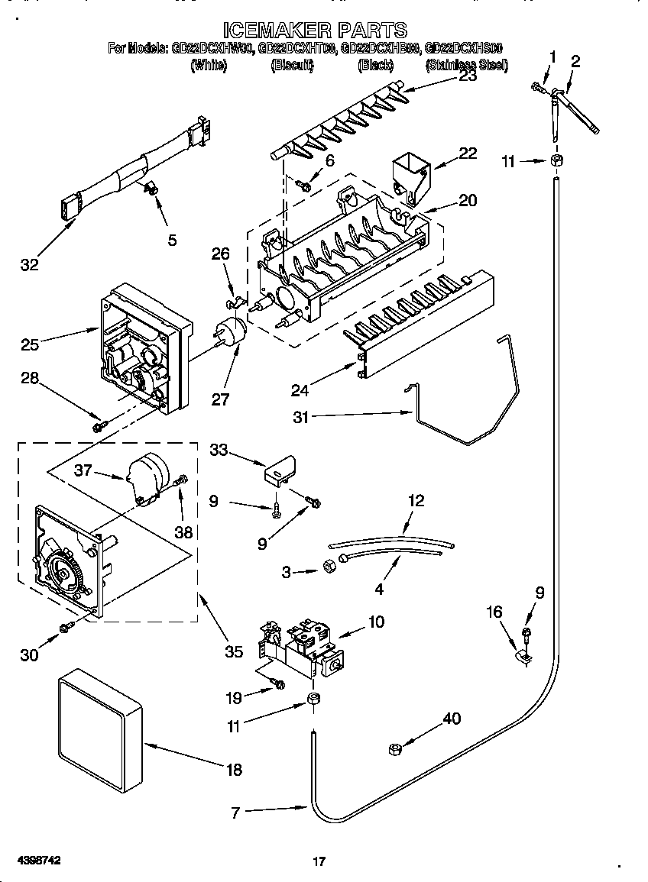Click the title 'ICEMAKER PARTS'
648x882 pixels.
click(314, 31)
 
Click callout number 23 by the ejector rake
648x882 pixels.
click(468, 76)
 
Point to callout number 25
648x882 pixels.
click(30, 346)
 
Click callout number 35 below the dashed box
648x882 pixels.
click(234, 651)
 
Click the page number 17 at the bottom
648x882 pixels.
click(319, 862)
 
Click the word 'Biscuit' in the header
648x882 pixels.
click(293, 66)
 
